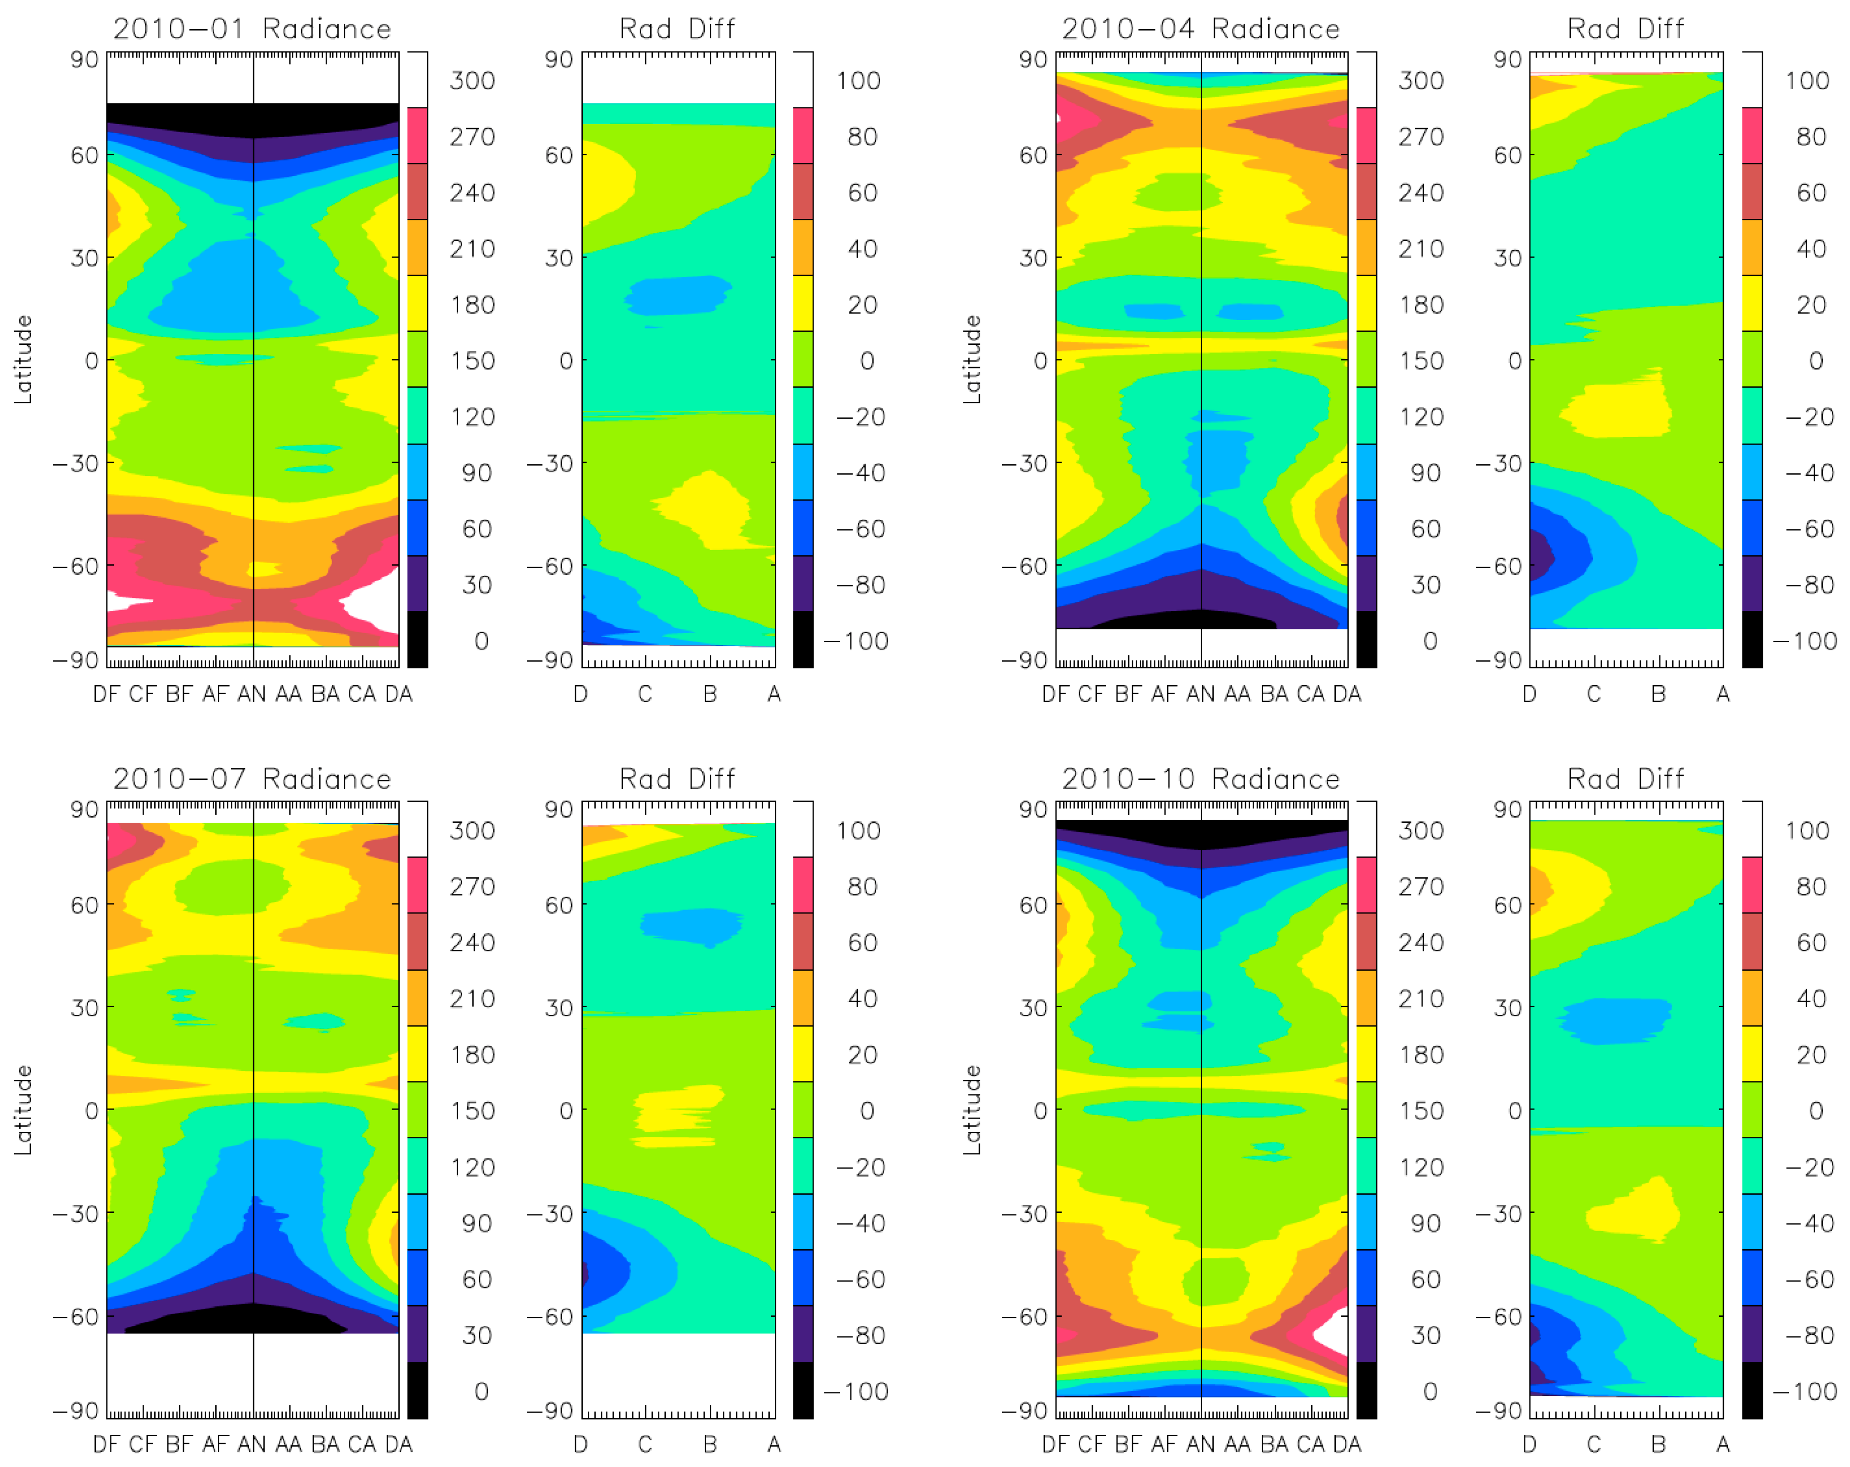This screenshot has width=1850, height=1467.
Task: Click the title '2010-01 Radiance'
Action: pyautogui.click(x=252, y=29)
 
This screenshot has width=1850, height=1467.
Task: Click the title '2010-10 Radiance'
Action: pyautogui.click(x=1200, y=779)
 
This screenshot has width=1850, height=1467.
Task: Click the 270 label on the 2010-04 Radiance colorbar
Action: pyautogui.click(x=1421, y=137)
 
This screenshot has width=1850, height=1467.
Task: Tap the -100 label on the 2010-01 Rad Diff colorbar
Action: pyautogui.click(x=855, y=641)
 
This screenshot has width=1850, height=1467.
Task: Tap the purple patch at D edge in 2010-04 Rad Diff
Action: pyautogui.click(x=1539, y=557)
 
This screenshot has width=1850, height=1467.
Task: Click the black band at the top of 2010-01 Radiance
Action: pyautogui.click(x=252, y=118)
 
